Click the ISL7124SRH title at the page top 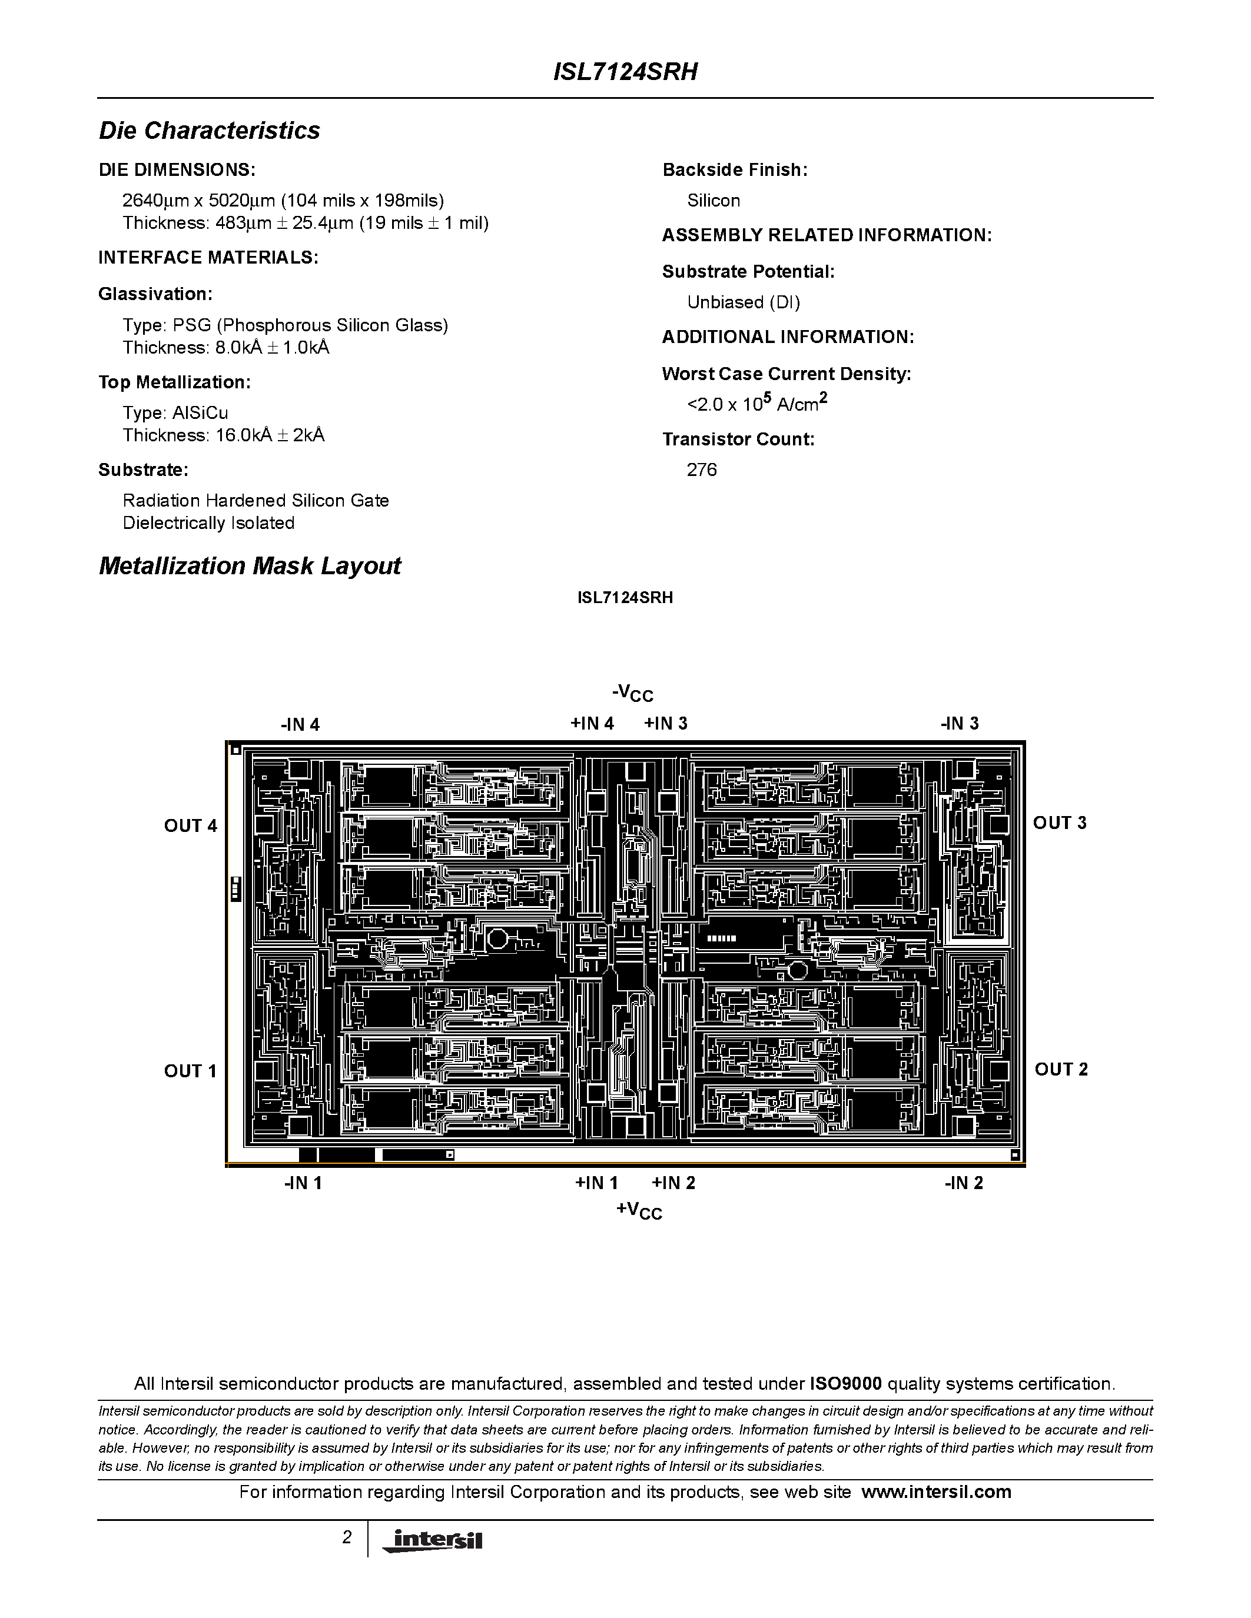point(625,72)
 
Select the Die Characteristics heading point(210,131)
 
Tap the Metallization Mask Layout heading point(250,566)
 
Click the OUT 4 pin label point(191,825)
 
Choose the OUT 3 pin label point(1060,823)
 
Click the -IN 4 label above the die point(300,724)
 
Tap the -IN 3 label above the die point(960,724)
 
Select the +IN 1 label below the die point(596,1183)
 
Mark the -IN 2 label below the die point(964,1183)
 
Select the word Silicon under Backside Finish point(714,201)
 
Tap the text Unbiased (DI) point(744,302)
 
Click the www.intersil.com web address point(936,1492)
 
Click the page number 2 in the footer point(347,1537)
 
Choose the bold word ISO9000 point(845,1383)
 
